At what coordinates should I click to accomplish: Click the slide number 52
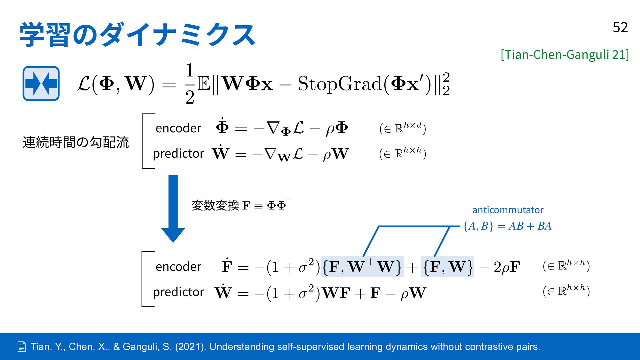[x=620, y=27]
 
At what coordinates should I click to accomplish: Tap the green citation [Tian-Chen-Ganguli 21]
[x=565, y=54]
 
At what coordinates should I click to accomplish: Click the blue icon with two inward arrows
[x=41, y=83]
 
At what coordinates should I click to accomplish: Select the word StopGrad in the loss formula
[x=340, y=83]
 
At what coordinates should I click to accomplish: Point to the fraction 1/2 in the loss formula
[x=190, y=83]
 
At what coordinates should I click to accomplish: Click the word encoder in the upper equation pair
[x=178, y=128]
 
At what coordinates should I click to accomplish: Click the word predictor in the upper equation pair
[x=178, y=154]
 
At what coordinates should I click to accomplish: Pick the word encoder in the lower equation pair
[x=178, y=267]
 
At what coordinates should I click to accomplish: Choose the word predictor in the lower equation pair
[x=178, y=292]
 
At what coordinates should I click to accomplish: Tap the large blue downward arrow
[x=173, y=209]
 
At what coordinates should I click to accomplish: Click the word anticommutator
[x=508, y=210]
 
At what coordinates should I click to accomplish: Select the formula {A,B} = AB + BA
[x=508, y=226]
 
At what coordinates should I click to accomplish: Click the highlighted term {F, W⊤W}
[x=362, y=267]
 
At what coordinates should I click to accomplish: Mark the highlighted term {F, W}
[x=447, y=267]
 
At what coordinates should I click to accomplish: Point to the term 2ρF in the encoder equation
[x=507, y=267]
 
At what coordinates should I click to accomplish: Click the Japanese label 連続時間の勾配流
[x=76, y=142]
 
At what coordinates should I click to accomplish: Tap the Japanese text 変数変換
[x=215, y=205]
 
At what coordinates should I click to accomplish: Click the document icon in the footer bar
[x=21, y=347]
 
